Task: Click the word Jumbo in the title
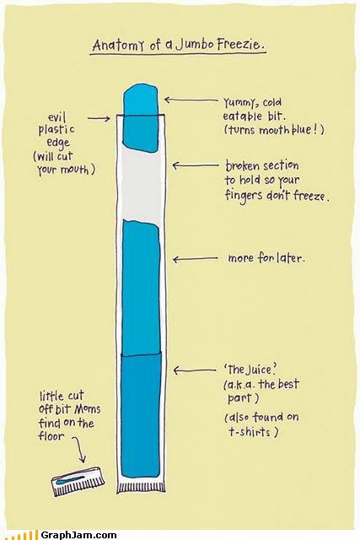click(192, 45)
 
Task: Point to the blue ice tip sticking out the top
click(141, 99)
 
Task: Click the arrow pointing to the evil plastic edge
click(99, 118)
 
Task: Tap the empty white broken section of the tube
click(141, 185)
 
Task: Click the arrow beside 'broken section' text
click(195, 165)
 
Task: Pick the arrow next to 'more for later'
click(195, 259)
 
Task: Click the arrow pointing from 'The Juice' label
click(195, 370)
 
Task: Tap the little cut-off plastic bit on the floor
click(78, 481)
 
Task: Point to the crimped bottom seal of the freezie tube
click(141, 486)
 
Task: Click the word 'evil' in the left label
click(56, 117)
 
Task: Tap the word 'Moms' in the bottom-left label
click(88, 409)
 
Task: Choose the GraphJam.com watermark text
click(78, 535)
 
